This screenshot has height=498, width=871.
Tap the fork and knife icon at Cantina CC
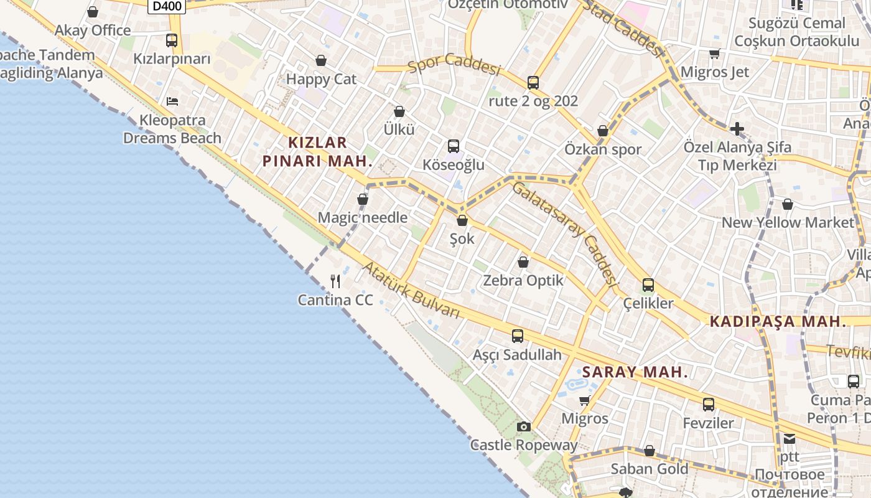(x=335, y=281)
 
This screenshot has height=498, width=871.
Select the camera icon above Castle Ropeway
(x=524, y=426)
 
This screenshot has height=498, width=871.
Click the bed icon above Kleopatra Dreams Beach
(x=172, y=101)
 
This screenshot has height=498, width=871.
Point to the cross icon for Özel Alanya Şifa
(x=737, y=129)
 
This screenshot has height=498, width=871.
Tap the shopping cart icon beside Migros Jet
(x=714, y=54)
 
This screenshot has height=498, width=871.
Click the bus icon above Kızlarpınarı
(x=172, y=40)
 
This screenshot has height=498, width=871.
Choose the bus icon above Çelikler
(x=648, y=285)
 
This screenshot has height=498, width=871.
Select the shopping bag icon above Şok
(x=462, y=220)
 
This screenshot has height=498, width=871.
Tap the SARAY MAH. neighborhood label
(x=635, y=372)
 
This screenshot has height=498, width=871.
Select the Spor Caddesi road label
(x=454, y=66)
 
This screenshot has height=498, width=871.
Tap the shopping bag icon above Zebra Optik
(x=523, y=262)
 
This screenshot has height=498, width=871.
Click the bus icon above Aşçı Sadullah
(x=517, y=336)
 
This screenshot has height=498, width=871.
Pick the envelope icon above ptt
(x=789, y=439)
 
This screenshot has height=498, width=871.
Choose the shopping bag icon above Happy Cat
(x=321, y=60)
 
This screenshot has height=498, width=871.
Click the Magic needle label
(x=363, y=218)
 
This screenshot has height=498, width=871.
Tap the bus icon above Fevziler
(x=709, y=405)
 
